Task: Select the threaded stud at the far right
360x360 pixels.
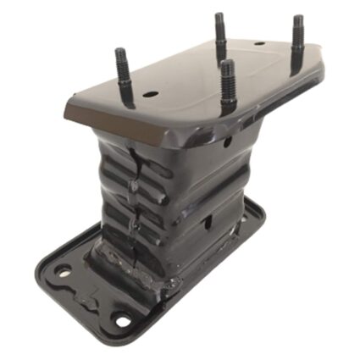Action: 298,42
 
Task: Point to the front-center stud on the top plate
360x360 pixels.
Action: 227,85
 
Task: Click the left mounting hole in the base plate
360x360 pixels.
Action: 63,272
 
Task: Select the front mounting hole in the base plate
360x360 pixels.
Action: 122,320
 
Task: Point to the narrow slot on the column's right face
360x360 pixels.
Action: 208,222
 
